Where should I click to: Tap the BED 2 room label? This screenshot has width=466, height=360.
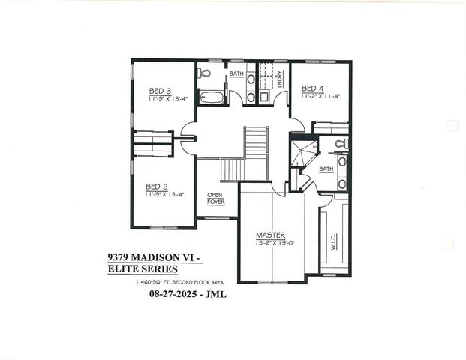point(156,187)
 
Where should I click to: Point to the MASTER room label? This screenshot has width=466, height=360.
point(270,235)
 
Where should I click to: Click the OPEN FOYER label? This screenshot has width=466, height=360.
point(215,198)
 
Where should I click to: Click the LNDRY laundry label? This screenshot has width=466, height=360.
point(279,77)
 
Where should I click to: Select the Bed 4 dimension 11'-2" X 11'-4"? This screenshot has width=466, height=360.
point(321,96)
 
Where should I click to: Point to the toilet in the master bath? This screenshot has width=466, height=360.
point(341,143)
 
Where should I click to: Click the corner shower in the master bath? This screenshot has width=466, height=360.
point(302,154)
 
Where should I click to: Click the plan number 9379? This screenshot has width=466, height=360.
point(119,256)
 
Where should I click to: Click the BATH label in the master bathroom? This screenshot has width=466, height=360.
point(326,169)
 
